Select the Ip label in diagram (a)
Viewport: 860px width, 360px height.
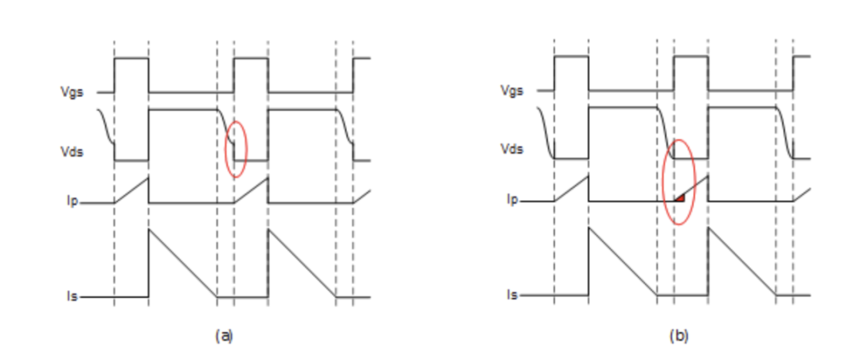tap(72, 202)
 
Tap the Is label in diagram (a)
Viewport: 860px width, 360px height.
tap(72, 297)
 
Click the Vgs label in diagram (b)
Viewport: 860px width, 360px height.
tap(511, 91)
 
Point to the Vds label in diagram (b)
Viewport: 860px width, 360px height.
tap(511, 149)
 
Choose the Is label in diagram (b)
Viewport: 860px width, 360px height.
tap(512, 295)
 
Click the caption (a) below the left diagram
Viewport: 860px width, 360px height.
tap(224, 336)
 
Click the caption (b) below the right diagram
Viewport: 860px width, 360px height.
tap(679, 336)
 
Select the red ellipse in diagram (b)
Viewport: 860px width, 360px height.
tap(679, 182)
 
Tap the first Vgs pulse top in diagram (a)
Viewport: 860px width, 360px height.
tap(131, 58)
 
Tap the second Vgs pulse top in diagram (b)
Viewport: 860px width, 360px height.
tap(691, 57)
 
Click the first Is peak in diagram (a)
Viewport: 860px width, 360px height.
tap(149, 230)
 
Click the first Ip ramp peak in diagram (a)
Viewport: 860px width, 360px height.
tap(148, 177)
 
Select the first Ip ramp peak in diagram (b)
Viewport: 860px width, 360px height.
tap(588, 175)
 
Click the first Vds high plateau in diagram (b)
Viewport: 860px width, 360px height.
tap(621, 107)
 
